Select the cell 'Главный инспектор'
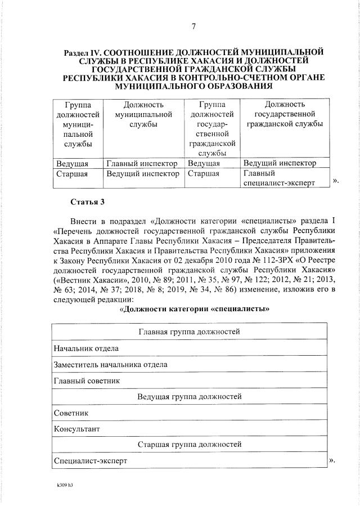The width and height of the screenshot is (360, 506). [142, 164]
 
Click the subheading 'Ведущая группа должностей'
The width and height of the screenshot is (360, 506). [189, 397]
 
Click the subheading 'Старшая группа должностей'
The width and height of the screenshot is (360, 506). [189, 445]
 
